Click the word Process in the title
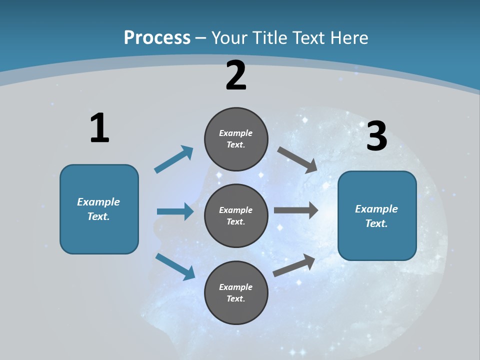point(157,38)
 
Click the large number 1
point(99,128)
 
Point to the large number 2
point(236,75)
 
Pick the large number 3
point(376,136)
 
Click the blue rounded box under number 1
point(99,209)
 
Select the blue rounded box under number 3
point(377,215)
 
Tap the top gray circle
point(236,139)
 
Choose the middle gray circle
point(236,215)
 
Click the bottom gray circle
point(236,292)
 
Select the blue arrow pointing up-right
point(174,159)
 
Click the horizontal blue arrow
point(175,211)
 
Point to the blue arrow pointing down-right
point(175,266)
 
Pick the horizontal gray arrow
point(296,210)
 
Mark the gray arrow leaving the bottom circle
point(294,265)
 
